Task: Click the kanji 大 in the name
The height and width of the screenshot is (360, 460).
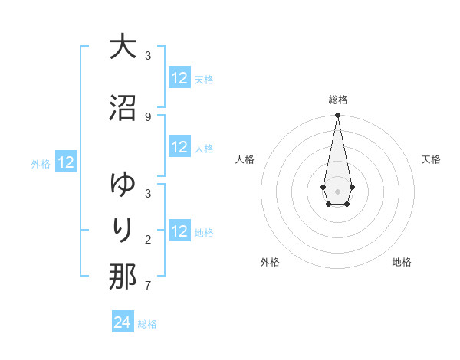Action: click(x=123, y=47)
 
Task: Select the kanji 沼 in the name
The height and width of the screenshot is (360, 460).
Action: click(x=123, y=108)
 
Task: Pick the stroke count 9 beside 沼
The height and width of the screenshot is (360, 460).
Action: click(x=148, y=116)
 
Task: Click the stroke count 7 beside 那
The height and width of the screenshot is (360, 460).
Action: click(x=148, y=286)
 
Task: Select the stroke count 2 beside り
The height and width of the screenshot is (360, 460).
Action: click(x=148, y=240)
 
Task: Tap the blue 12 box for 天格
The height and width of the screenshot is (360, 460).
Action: click(x=179, y=78)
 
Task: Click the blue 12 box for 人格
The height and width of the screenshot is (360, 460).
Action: click(x=179, y=148)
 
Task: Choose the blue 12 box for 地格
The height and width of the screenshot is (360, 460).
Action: click(x=179, y=231)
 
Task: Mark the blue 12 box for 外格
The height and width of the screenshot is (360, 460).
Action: click(x=66, y=162)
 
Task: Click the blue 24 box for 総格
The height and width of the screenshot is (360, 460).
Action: click(x=123, y=322)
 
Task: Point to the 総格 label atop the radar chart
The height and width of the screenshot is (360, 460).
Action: click(x=337, y=100)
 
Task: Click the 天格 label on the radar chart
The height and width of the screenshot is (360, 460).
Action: click(x=431, y=159)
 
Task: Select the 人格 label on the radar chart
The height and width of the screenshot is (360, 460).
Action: click(x=245, y=159)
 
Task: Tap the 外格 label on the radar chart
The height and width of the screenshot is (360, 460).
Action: click(x=270, y=262)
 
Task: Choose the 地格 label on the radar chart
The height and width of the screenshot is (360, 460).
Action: click(x=402, y=262)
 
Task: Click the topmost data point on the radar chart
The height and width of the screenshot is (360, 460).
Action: click(x=337, y=116)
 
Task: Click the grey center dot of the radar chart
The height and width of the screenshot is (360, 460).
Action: click(x=337, y=190)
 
